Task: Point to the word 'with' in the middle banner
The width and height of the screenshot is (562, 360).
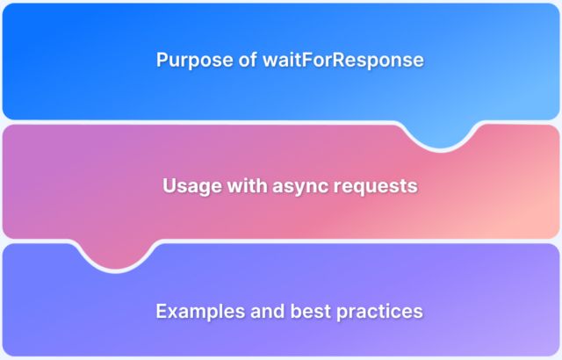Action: click(242, 186)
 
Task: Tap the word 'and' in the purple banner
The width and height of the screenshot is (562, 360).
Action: click(259, 311)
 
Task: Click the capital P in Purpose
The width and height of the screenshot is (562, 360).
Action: click(162, 60)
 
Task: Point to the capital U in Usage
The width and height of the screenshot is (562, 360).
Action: click(169, 186)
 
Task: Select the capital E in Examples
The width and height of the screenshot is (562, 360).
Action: click(161, 311)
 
